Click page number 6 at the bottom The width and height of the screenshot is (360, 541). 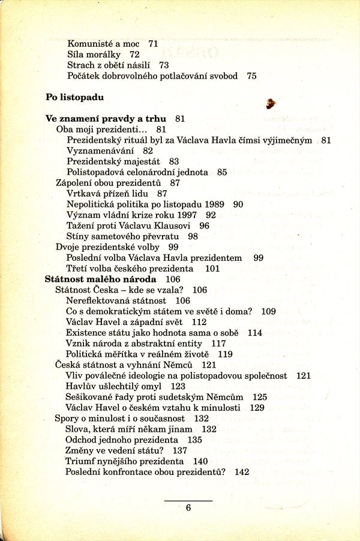click(188, 507)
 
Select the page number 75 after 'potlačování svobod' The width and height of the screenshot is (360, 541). click(251, 76)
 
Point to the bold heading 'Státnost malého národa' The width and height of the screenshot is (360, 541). click(101, 279)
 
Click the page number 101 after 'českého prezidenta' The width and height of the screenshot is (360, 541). click(212, 269)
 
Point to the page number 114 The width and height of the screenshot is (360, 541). click(255, 333)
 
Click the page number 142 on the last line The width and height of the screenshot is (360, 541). click(242, 472)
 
